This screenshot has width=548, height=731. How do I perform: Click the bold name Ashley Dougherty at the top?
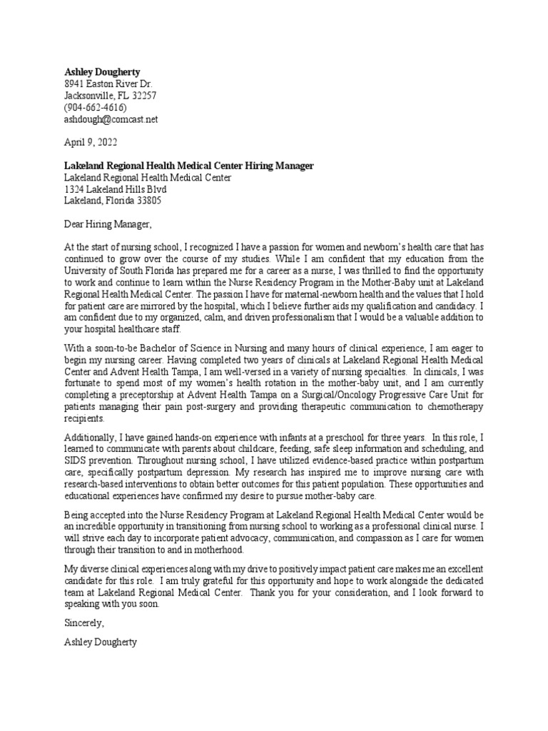tap(102, 72)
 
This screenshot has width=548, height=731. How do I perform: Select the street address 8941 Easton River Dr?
tap(108, 84)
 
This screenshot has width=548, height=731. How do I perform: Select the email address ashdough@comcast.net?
tap(111, 119)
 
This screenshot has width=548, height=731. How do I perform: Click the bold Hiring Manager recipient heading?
tap(188, 166)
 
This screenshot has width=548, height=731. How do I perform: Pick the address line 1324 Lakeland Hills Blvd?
tap(116, 189)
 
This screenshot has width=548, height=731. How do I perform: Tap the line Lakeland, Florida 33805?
tap(113, 201)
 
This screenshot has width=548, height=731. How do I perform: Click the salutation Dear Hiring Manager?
tap(108, 224)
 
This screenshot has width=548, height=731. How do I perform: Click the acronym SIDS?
tap(76, 460)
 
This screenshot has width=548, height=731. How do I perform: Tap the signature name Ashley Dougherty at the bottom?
tap(101, 642)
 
